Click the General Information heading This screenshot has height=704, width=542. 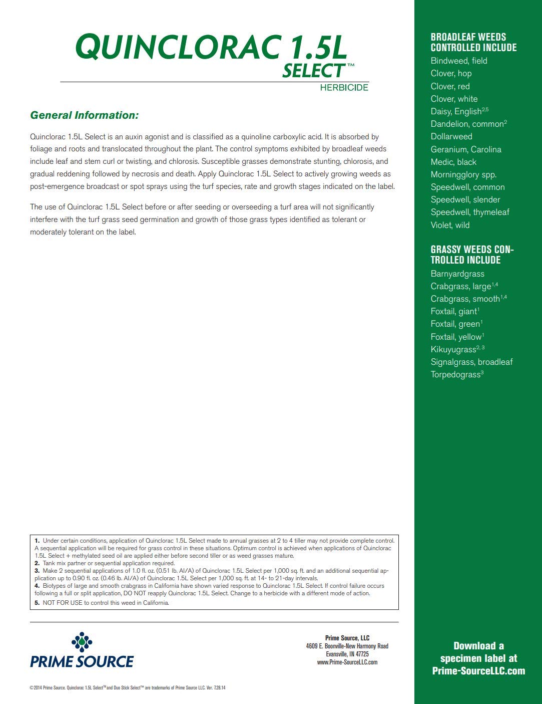[84, 115]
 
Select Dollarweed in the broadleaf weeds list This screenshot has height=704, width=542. [451, 136]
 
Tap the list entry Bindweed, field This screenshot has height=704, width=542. [459, 61]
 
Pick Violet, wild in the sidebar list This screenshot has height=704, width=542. [450, 225]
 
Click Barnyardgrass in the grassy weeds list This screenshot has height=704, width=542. [457, 274]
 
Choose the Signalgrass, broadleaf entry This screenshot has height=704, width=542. [471, 362]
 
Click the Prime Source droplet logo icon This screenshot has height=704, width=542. [82, 642]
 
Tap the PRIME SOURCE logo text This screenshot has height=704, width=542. [82, 662]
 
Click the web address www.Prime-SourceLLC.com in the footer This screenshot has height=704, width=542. [347, 662]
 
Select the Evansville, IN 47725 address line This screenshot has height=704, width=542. [347, 654]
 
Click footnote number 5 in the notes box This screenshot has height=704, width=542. [37, 603]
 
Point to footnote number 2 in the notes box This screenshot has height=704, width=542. [37, 563]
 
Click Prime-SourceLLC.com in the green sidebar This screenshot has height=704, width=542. [478, 671]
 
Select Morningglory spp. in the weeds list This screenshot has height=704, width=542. [463, 174]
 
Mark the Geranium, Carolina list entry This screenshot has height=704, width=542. [466, 149]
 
